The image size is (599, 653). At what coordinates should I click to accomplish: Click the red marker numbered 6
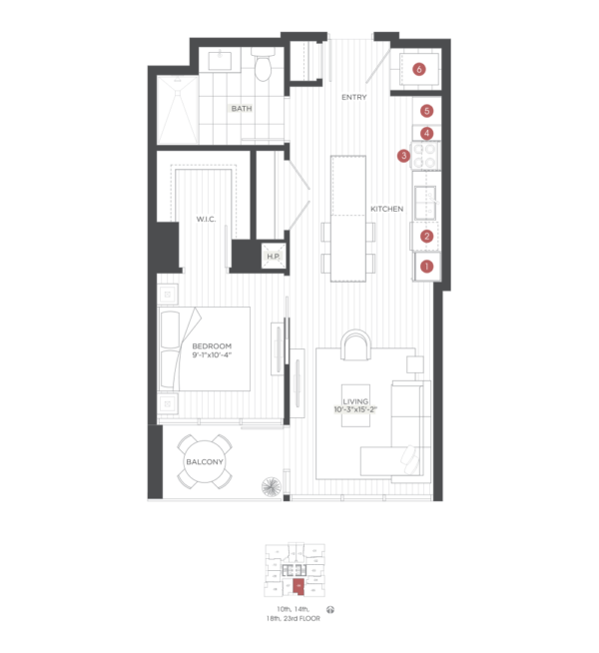pyautogui.click(x=418, y=69)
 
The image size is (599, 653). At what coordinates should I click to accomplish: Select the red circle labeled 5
pyautogui.click(x=426, y=111)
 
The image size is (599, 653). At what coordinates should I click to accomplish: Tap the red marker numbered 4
pyautogui.click(x=426, y=133)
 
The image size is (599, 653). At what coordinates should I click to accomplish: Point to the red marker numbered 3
pyautogui.click(x=403, y=156)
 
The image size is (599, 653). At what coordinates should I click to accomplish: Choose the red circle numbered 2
pyautogui.click(x=426, y=237)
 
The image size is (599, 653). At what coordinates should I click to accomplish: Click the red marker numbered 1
pyautogui.click(x=426, y=266)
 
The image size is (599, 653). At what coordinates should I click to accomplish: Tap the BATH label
pyautogui.click(x=240, y=108)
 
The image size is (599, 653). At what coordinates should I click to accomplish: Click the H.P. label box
pyautogui.click(x=273, y=256)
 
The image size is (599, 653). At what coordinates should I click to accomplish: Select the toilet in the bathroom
pyautogui.click(x=263, y=66)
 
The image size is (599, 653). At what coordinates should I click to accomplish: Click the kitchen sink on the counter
pyautogui.click(x=426, y=203)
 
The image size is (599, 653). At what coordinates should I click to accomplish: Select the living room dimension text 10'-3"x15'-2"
pyautogui.click(x=354, y=408)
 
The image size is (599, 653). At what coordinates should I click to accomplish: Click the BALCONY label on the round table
pyautogui.click(x=204, y=461)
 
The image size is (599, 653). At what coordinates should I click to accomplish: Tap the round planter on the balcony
pyautogui.click(x=272, y=487)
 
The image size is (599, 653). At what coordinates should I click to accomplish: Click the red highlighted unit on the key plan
pyautogui.click(x=298, y=586)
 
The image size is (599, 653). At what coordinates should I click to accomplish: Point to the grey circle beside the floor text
pyautogui.click(x=329, y=609)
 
